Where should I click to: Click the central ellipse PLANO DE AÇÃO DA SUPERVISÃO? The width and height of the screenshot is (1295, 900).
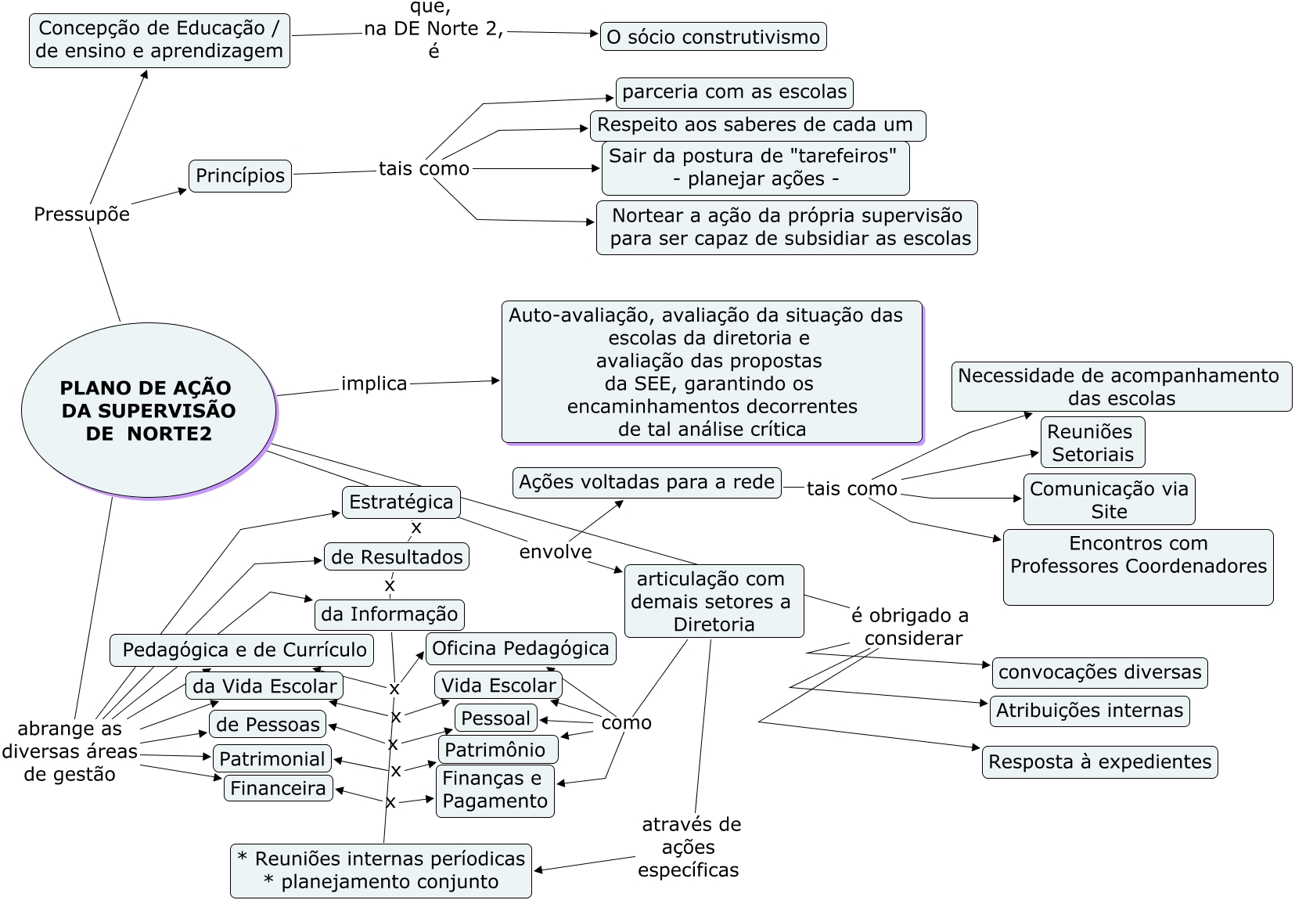pos(149,410)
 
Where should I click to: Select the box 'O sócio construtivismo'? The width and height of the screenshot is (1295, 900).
pos(714,37)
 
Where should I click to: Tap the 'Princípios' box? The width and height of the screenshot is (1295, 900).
pos(240,176)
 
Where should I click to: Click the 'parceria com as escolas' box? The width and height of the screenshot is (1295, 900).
pos(734,92)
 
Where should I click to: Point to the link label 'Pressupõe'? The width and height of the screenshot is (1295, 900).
pos(81,214)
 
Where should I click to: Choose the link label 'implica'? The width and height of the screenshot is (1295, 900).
pos(374,383)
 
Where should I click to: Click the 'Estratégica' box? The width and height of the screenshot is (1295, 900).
pos(401,502)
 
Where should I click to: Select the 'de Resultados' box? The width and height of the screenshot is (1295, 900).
pos(397,556)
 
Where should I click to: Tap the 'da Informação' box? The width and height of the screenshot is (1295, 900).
pos(390,614)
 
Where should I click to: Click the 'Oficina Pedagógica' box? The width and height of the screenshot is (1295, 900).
pos(521,649)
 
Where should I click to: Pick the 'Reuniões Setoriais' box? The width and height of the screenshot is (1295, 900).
pos(1092,442)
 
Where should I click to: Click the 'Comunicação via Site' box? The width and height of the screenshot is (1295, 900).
pos(1109,500)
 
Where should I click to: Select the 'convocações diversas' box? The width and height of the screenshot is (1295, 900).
pos(1099,673)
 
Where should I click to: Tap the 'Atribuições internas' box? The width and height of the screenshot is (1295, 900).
pos(1090,711)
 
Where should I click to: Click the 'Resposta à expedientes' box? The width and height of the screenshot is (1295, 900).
pos(1099,761)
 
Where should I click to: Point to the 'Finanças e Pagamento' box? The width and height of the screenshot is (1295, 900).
pos(495,790)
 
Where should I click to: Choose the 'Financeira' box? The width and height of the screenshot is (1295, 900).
pos(278,788)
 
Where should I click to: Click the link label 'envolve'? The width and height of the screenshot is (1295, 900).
pos(556,552)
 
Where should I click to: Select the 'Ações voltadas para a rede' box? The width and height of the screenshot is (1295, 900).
pos(647,482)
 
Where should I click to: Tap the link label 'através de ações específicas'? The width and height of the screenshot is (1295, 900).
pos(689,848)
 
